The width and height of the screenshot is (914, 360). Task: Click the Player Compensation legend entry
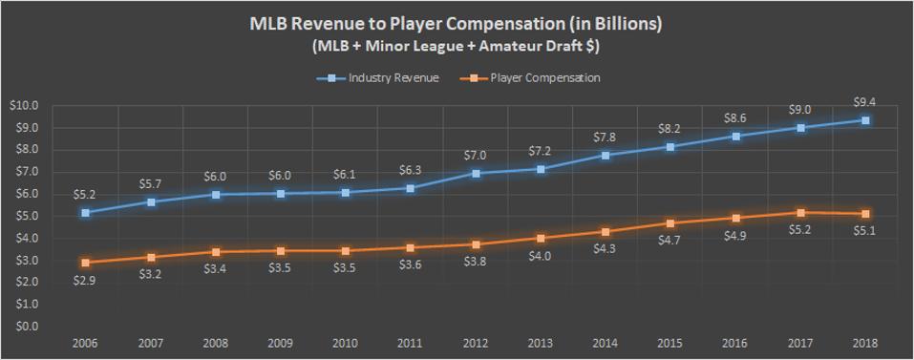point(545,78)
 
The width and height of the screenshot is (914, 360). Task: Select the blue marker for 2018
point(865,120)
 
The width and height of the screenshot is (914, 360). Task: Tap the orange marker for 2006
point(87,263)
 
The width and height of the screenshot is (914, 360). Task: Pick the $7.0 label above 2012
point(476,154)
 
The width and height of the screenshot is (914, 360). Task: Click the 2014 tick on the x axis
point(606,342)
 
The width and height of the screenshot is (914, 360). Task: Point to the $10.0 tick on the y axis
point(24,105)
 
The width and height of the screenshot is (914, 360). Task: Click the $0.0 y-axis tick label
point(26,327)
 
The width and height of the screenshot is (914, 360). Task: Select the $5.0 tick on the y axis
point(26,216)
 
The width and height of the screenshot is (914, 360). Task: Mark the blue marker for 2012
point(476,174)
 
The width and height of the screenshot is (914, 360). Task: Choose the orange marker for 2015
point(670,223)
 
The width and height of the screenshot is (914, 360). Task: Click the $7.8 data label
point(606,136)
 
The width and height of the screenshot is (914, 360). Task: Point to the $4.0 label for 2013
point(541,257)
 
